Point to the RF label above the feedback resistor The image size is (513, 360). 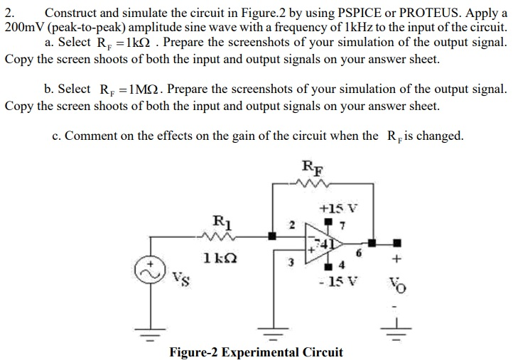click(x=310, y=168)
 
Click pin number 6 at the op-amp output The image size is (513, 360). click(x=359, y=253)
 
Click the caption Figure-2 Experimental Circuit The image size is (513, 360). click(x=256, y=352)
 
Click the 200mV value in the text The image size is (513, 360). click(x=23, y=27)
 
